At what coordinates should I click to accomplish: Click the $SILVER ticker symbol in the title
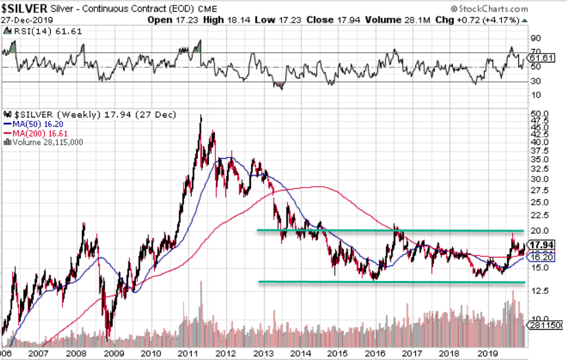[x=25, y=8]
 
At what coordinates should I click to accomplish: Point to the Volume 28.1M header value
[x=382, y=19]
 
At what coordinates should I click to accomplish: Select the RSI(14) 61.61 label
[x=35, y=32]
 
